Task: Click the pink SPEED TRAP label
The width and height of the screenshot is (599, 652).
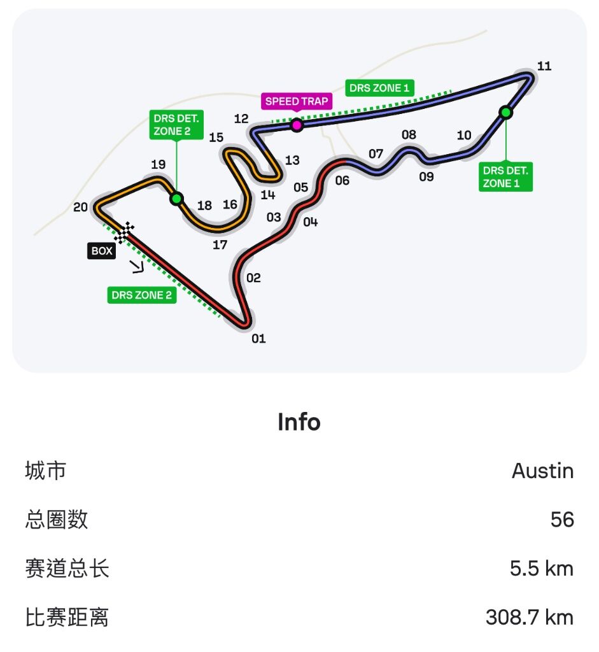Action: (297, 101)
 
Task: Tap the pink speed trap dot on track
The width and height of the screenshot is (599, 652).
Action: (297, 125)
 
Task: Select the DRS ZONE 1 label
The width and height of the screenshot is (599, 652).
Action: (379, 88)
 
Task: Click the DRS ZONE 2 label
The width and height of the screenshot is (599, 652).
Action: (142, 295)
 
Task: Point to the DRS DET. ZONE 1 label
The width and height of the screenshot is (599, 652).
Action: (505, 177)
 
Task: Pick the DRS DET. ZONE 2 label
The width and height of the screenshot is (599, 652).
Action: (176, 125)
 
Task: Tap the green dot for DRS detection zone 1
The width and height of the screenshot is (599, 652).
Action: (506, 112)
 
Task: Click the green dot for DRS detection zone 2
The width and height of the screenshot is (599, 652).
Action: (177, 199)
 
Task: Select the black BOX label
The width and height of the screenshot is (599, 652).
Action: (101, 251)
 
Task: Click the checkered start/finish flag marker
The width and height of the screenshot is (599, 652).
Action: (124, 232)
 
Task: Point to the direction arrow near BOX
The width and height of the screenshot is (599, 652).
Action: (137, 267)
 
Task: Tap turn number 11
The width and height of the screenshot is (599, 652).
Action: (544, 66)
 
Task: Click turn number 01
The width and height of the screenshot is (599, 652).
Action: (258, 339)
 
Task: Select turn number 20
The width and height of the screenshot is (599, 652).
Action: (80, 207)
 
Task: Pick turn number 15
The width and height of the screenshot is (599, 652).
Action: (216, 138)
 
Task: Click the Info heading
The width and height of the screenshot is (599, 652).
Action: (299, 422)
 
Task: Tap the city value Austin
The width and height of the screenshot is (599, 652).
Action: (542, 471)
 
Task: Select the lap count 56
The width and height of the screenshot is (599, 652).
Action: (562, 520)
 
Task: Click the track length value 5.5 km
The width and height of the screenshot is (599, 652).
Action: (542, 569)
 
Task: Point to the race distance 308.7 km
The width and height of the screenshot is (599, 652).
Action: (530, 617)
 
